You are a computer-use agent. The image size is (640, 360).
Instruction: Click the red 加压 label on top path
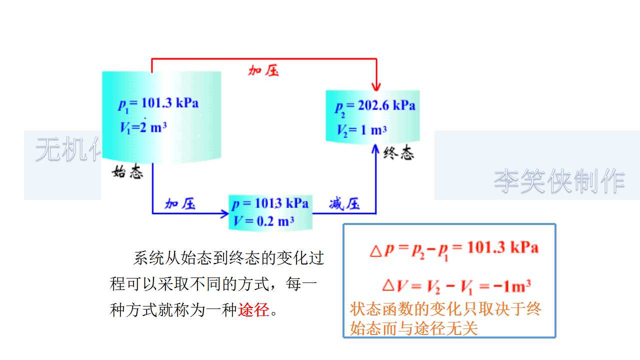pos(263,70)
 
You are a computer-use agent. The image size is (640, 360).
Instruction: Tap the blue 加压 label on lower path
pos(180,203)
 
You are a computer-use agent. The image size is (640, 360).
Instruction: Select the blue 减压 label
pos(344,203)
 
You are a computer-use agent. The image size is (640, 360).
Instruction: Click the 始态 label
pos(128,173)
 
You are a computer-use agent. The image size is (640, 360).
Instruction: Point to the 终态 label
pos(399,154)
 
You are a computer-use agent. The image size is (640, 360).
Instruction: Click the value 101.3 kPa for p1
pos(170,103)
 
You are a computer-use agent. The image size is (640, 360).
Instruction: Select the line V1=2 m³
pos(143,127)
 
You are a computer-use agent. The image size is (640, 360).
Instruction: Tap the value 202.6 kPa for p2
pos(386,105)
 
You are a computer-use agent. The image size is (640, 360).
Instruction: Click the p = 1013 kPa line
pos(270,203)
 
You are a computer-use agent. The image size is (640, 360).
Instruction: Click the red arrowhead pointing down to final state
pos(376,85)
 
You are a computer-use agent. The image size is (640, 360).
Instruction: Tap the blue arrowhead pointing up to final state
pos(376,149)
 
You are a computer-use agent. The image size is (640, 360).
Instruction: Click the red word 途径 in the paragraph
pos(254,310)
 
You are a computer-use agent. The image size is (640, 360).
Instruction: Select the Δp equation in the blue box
pos(453,248)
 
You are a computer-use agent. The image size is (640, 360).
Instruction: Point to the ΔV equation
pos(455,286)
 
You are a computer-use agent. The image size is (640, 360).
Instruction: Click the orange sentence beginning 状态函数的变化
pos(445,318)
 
